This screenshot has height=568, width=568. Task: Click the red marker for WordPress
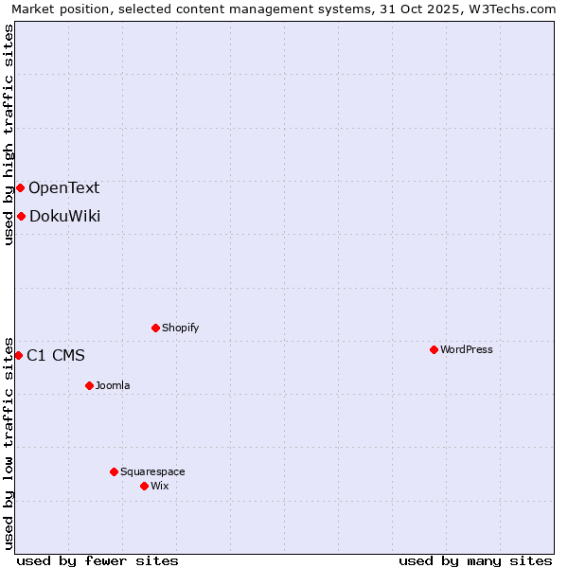(434, 349)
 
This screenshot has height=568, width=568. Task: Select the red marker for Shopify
(155, 328)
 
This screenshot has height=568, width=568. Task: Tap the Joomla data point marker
(89, 385)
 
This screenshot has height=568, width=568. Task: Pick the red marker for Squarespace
(114, 471)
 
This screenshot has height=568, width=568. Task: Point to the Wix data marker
(144, 486)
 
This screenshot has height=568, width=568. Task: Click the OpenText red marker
(20, 187)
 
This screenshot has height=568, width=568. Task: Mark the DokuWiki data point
(21, 216)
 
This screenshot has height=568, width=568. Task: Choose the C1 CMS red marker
(18, 355)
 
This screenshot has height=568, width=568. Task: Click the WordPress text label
(467, 349)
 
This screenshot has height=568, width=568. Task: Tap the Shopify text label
(181, 328)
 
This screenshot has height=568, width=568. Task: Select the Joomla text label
(113, 385)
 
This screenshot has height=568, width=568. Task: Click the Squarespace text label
(152, 471)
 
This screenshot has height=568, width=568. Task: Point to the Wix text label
(159, 486)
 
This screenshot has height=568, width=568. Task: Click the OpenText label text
(63, 187)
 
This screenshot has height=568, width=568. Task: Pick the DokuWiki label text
(64, 216)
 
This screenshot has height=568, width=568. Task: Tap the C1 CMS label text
(56, 355)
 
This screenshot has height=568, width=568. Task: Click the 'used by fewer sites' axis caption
(98, 560)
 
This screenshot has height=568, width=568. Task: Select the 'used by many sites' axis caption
(475, 560)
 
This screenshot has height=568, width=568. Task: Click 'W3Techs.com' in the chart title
(515, 9)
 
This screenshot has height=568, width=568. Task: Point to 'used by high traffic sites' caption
(9, 134)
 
